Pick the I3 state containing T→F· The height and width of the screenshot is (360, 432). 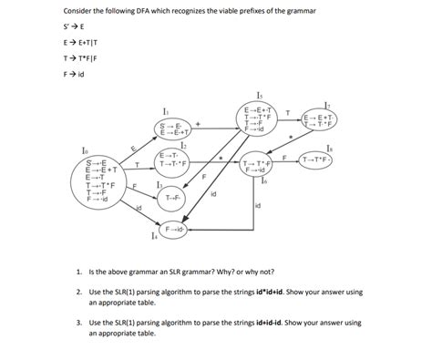pos(173,197)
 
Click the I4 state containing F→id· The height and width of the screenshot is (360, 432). pos(175,229)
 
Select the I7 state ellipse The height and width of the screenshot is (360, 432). pos(324,121)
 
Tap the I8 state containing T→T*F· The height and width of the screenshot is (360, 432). pos(324,161)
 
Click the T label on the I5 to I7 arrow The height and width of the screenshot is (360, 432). pos(289,113)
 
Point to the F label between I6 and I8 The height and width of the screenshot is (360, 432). pos(285,158)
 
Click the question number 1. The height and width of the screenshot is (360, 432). pos(79,272)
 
